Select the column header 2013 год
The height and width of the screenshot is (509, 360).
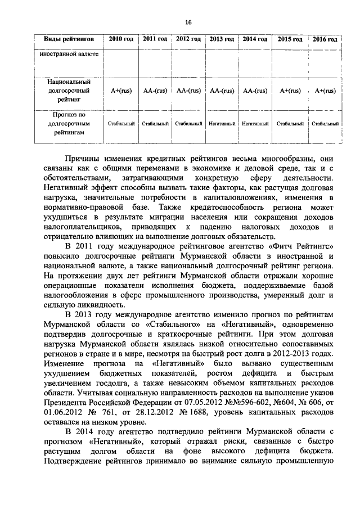pyautogui.click(x=222, y=39)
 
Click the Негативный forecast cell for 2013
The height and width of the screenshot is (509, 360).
pyautogui.click(x=222, y=123)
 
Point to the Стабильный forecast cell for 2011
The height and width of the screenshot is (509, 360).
pyautogui.click(x=155, y=123)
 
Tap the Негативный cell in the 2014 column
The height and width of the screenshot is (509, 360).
pyautogui.click(x=255, y=123)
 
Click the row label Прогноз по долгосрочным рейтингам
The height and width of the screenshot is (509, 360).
pyautogui.click(x=68, y=123)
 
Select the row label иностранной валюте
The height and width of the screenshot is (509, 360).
pyautogui.click(x=66, y=55)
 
